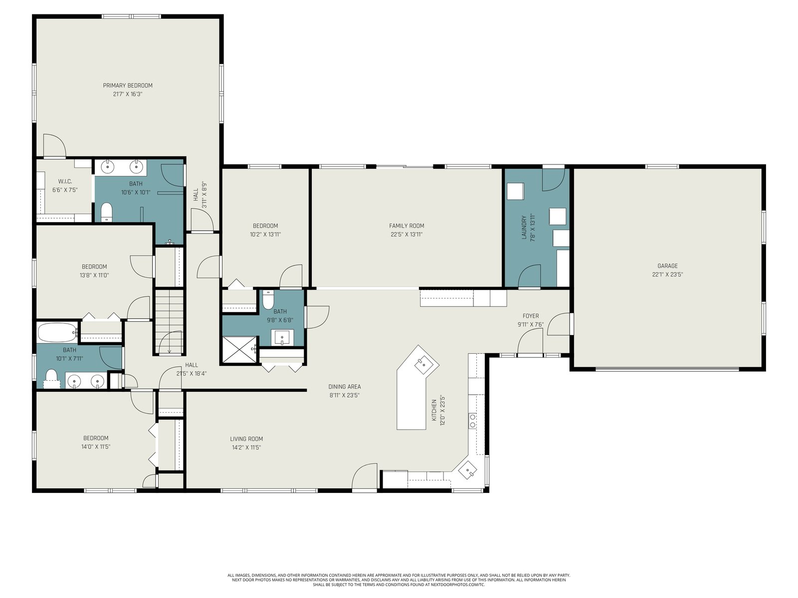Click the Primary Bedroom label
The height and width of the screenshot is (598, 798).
click(128, 86)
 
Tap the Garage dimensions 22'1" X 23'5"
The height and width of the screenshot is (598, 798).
click(667, 275)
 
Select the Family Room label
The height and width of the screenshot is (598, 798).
click(406, 226)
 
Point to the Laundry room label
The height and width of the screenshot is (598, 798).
click(524, 228)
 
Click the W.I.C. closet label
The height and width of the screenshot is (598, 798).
click(65, 181)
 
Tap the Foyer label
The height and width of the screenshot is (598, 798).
click(531, 316)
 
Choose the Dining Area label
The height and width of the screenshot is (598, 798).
click(345, 387)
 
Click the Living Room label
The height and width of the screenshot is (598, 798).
click(246, 439)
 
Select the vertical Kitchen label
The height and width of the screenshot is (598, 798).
click(434, 410)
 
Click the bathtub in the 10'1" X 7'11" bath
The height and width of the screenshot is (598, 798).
click(57, 332)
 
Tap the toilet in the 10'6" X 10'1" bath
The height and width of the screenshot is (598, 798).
click(106, 212)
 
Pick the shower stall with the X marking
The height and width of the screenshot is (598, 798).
click(239, 349)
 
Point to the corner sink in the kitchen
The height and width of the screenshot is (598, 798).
click(467, 470)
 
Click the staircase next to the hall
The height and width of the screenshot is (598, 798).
click(170, 322)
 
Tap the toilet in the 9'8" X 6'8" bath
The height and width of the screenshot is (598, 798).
click(268, 300)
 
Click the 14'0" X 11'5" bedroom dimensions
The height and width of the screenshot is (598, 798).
click(96, 447)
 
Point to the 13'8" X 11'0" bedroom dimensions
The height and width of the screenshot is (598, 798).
click(94, 275)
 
